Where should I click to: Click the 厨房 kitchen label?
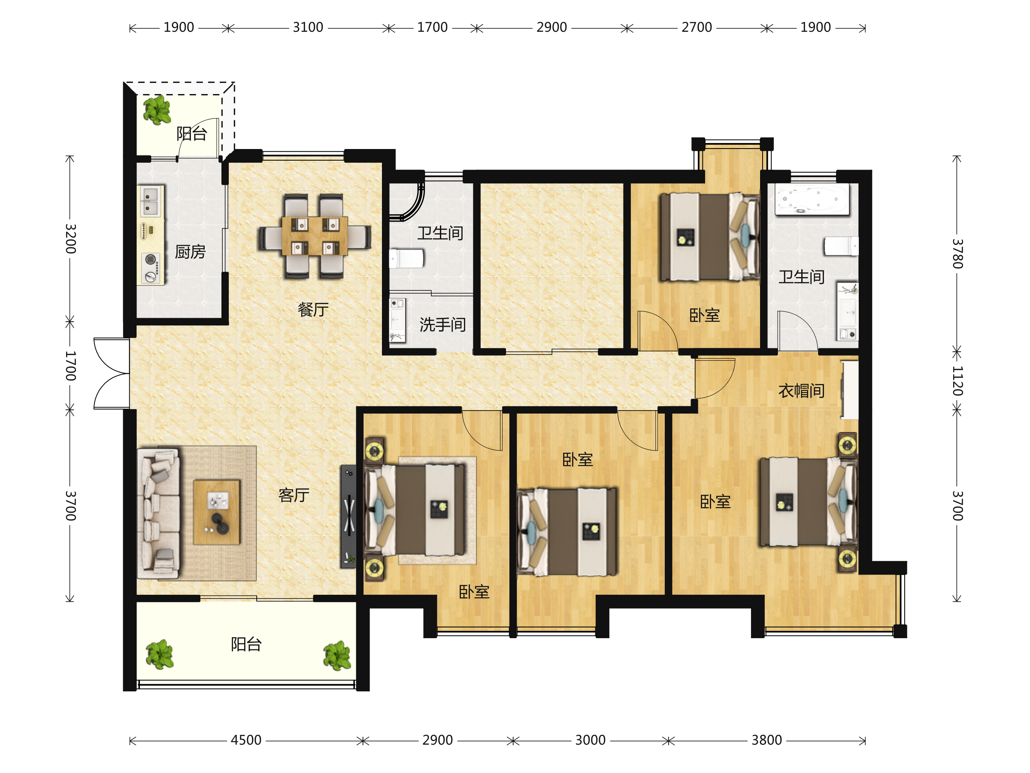190,252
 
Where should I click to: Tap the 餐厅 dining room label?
313,309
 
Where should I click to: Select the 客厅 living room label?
294,495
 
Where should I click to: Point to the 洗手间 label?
442,325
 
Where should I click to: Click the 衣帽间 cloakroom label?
801,391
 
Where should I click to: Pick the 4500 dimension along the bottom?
246,740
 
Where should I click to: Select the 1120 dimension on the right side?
957,380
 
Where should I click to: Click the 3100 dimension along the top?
308,27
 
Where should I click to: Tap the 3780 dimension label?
957,253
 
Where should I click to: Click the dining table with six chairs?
315,236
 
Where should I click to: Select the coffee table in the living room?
217,512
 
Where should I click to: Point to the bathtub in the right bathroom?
812,199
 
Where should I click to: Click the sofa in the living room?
159,513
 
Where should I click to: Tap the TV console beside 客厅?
348,516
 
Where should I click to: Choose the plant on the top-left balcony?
157,110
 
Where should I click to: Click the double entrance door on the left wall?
112,374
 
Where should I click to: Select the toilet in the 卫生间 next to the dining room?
406,259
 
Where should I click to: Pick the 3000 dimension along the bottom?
590,740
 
